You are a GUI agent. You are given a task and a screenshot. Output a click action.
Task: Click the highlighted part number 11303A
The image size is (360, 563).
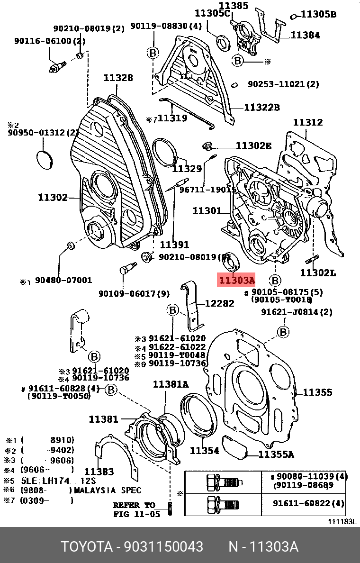click(236, 281)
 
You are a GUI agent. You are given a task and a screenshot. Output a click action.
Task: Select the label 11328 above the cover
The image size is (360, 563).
click(118, 78)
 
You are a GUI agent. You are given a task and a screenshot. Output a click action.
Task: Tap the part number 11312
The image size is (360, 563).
click(307, 122)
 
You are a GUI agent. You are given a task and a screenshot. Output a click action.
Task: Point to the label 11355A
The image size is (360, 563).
click(276, 454)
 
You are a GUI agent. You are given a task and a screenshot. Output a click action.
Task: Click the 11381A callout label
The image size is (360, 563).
click(171, 384)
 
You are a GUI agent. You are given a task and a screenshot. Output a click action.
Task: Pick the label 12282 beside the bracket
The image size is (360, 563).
click(219, 303)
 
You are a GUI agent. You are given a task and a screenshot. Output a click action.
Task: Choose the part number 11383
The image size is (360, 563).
click(99, 471)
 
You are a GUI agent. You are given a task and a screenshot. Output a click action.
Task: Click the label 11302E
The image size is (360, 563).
click(254, 145)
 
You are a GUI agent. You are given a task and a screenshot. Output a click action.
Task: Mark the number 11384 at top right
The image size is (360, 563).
click(305, 35)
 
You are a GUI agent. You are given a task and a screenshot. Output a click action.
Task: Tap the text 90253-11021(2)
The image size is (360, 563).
click(283, 84)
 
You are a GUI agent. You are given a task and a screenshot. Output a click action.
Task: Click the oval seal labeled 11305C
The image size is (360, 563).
click(223, 42)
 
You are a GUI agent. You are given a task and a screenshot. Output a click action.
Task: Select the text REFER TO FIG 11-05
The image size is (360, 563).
click(134, 509)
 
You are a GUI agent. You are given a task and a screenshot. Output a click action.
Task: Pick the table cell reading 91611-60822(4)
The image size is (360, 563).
click(308, 503)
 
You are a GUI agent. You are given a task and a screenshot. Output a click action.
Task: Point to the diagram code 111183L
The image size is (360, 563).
click(342, 521)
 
